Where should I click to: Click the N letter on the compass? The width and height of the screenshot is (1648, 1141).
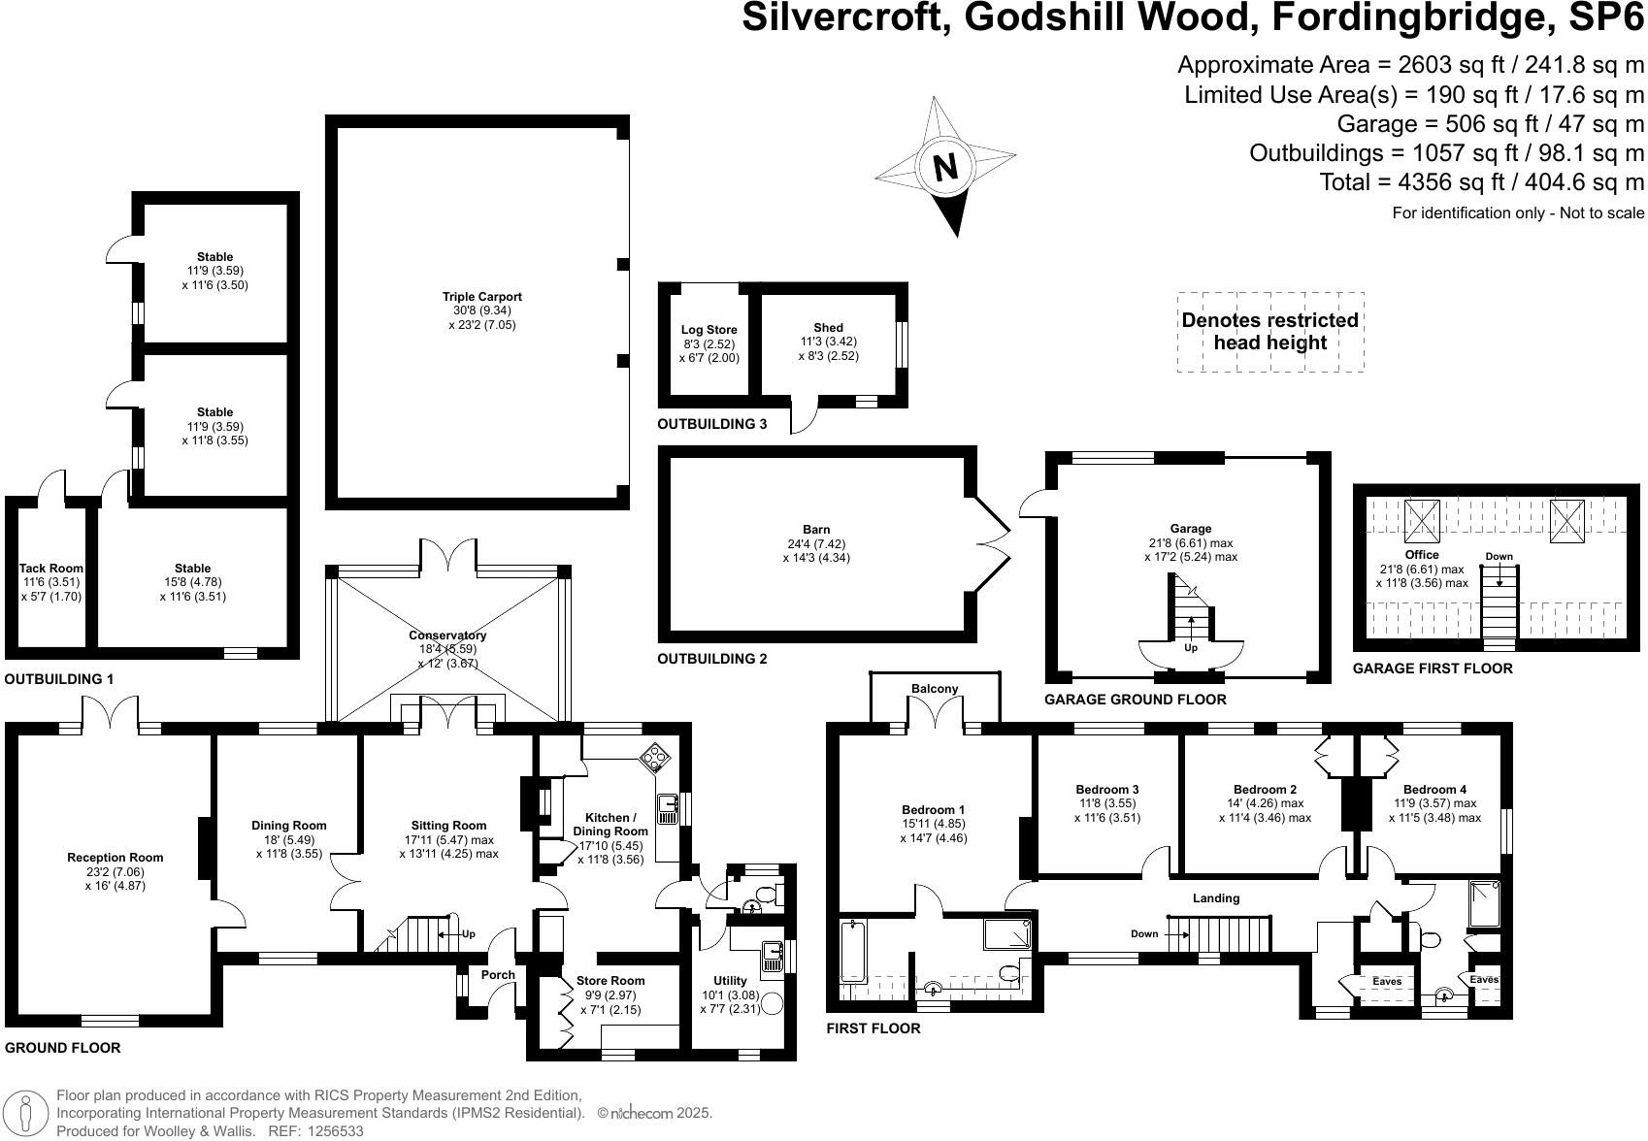click(944, 167)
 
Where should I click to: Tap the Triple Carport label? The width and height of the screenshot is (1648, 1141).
click(482, 297)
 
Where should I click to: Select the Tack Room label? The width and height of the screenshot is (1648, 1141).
click(51, 569)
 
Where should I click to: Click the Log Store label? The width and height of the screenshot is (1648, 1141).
click(709, 330)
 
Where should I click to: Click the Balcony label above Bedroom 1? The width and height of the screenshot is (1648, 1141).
click(935, 689)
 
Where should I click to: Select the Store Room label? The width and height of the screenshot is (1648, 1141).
click(610, 981)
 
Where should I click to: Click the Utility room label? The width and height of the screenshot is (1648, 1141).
click(730, 981)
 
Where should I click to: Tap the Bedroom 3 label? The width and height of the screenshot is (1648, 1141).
click(1107, 790)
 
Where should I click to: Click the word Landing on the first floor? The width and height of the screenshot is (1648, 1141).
click(1216, 898)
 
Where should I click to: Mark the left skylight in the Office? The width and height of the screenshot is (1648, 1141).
click(1423, 521)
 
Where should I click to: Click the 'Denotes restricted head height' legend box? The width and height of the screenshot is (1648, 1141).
click(1269, 332)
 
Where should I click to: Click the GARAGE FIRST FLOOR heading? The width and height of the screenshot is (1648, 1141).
click(1433, 668)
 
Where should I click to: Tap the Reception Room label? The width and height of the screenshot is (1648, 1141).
click(115, 858)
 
